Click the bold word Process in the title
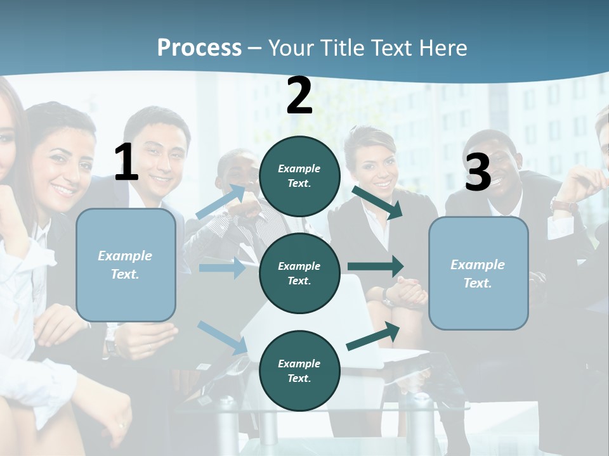[199, 47]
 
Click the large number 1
[126, 163]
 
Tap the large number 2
[299, 96]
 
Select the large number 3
[478, 173]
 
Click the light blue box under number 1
[126, 265]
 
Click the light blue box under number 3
[478, 273]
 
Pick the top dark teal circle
[299, 176]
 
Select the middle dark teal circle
[299, 273]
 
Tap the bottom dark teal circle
[299, 370]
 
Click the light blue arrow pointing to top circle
[221, 201]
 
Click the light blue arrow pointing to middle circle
[222, 268]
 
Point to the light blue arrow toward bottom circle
[223, 337]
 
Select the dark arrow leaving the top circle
[377, 202]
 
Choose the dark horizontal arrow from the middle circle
[376, 266]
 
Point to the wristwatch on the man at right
[564, 205]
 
